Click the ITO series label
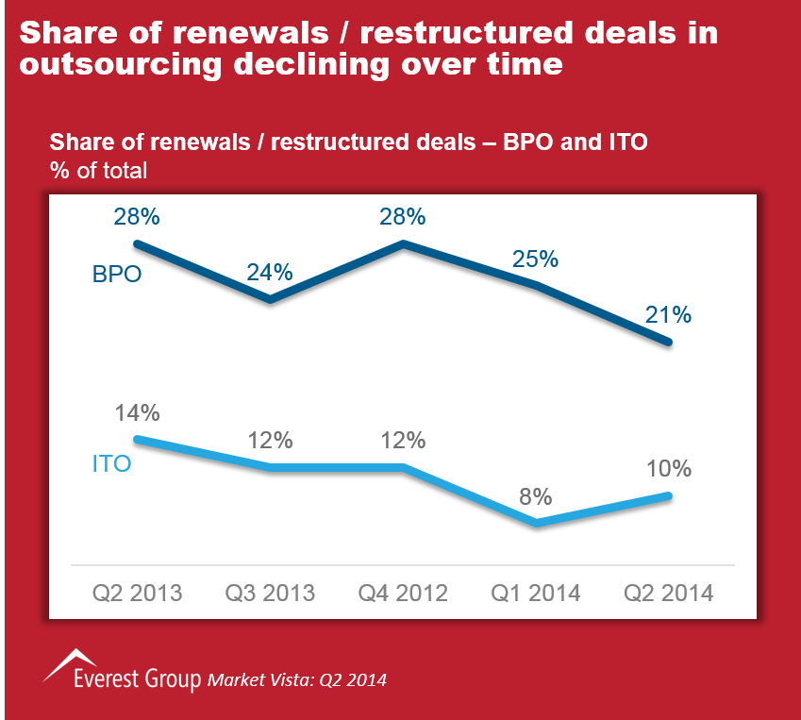click(x=111, y=464)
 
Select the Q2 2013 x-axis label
click(x=137, y=593)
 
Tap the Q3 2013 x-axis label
click(x=270, y=593)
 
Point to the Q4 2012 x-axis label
click(x=403, y=593)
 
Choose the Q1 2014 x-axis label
click(x=536, y=593)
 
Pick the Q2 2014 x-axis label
click(x=669, y=593)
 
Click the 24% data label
click(x=270, y=272)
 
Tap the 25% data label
click(x=536, y=258)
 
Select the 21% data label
click(x=669, y=314)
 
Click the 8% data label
click(x=535, y=496)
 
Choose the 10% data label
click(x=669, y=468)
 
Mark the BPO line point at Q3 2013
click(x=270, y=300)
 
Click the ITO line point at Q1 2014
click(x=536, y=523)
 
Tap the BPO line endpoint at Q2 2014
click(x=669, y=343)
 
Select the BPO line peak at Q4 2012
click(x=404, y=243)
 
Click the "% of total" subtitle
click(x=98, y=171)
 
